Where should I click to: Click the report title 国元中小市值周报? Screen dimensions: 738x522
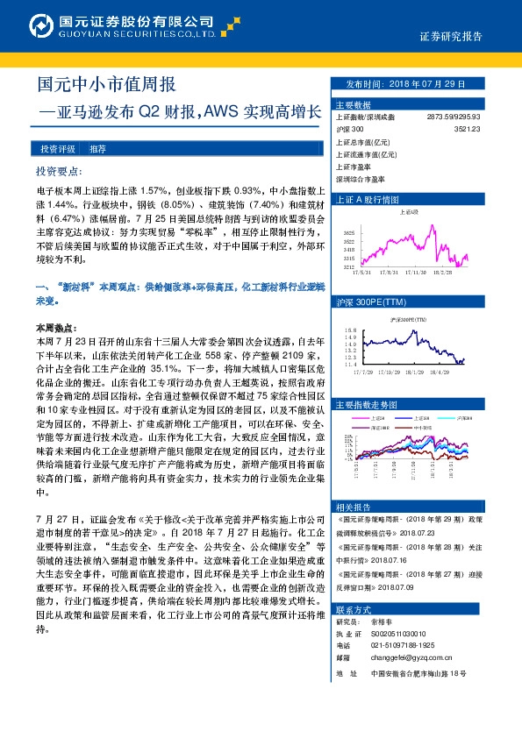(106, 85)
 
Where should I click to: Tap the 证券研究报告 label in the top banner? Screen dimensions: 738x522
(450, 37)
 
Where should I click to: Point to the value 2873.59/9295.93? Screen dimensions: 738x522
(454, 116)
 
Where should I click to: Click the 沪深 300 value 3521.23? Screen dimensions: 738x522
(467, 128)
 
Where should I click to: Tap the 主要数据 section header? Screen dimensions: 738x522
(353, 103)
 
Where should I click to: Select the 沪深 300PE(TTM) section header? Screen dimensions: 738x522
(373, 300)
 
